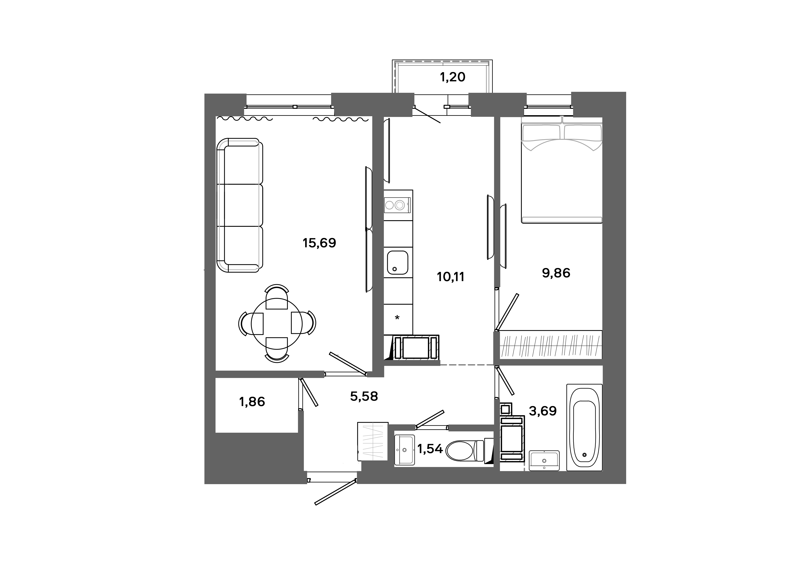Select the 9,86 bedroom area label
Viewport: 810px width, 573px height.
[x=556, y=273]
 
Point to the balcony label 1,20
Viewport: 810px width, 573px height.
[x=453, y=77]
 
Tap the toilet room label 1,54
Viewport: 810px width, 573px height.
[x=430, y=449]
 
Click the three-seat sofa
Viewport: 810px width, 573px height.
[x=240, y=205]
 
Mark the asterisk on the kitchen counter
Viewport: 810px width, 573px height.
[x=397, y=318]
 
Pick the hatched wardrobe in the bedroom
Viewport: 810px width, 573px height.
[x=551, y=345]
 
